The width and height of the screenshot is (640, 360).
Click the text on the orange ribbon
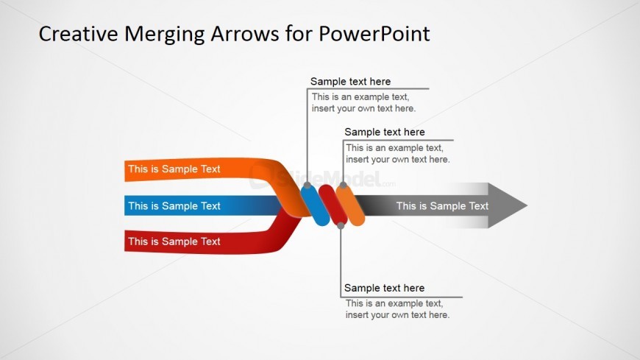pos(174,169)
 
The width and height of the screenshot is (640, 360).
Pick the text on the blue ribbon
pos(174,206)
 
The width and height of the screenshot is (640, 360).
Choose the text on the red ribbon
pos(174,241)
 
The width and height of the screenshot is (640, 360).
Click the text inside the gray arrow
pos(442,206)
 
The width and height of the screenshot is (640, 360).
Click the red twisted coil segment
pos(332,206)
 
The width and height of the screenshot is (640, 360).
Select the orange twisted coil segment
pos(352,205)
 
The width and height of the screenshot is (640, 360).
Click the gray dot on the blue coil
pos(306,188)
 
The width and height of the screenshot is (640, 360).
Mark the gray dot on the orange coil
pos(342,186)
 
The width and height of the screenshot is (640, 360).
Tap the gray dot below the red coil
pos(341,226)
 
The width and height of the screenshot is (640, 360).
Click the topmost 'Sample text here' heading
pos(350,82)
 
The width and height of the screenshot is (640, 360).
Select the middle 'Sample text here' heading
pos(385,133)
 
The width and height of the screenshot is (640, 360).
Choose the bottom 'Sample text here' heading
pos(384,289)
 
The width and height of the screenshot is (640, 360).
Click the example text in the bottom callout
pos(397,309)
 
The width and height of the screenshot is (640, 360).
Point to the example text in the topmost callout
pos(363,102)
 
